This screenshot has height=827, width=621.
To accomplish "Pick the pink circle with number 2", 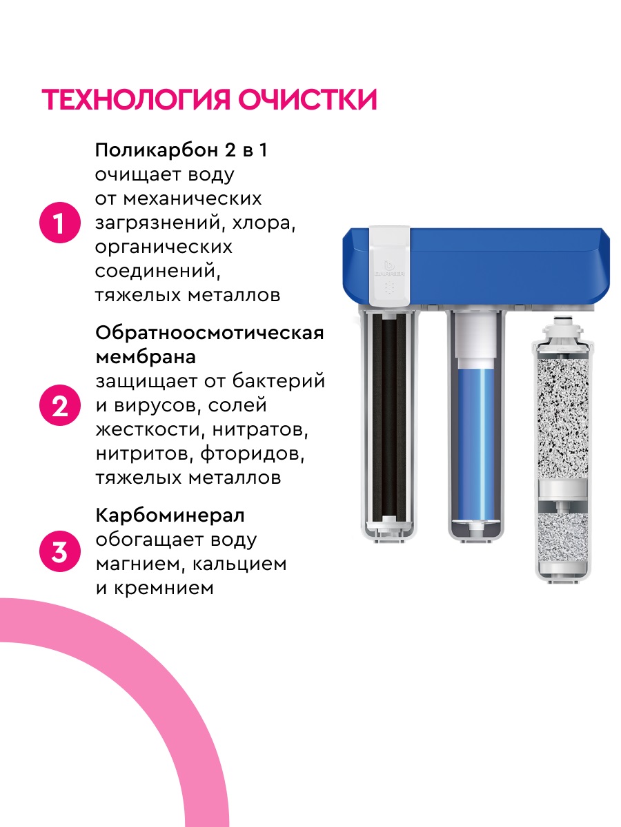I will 61,406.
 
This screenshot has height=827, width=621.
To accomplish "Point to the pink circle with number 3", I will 61,552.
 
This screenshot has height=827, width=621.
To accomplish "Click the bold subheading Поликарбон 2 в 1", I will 181,150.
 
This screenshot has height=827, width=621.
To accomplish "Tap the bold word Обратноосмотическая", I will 209,333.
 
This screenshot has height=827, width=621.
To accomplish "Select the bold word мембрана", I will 145,357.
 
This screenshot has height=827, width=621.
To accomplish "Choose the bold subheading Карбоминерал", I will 170,515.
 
